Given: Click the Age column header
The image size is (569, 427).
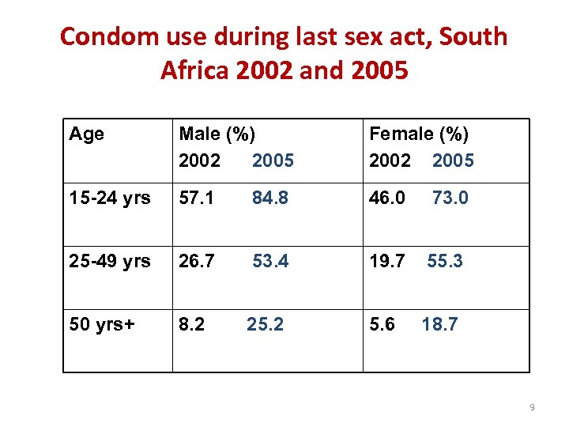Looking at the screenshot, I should pos(86,134).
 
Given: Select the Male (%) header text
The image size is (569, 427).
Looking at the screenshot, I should pos(217,134).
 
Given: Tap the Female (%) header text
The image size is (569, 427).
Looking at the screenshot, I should pos(419,134).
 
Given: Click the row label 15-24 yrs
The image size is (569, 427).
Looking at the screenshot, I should pos(109,198).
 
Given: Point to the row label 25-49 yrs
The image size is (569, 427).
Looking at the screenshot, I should pos(109,261).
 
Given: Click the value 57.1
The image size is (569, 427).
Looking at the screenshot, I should pos(197,198).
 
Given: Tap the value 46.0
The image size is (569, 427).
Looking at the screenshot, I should pos(387,198).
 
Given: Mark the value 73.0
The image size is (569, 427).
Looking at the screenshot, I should pos(450,198).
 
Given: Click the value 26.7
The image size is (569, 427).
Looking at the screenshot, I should pos(197,261).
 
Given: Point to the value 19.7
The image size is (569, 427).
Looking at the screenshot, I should pos(387,261).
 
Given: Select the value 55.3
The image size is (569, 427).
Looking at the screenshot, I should pos(445,261).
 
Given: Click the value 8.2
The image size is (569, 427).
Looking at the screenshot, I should pos(192,324).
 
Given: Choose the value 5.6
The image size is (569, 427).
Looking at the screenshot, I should pos(382,324).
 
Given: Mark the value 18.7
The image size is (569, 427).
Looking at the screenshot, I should pos(439,324).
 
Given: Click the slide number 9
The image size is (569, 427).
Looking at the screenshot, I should pos(532,407).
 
